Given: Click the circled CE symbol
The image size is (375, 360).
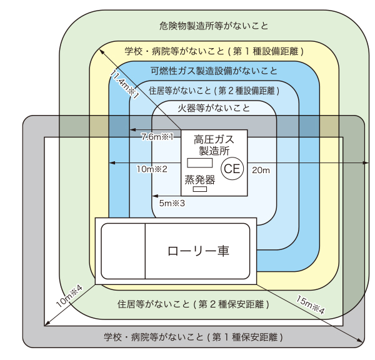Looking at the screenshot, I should (232, 168).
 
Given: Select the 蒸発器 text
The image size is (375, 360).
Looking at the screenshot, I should (200, 179).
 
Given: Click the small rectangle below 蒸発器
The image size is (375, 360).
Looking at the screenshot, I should (200, 189).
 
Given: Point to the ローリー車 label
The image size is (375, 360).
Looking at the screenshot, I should (198, 251).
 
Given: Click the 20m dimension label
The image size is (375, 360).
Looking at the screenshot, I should (261, 170).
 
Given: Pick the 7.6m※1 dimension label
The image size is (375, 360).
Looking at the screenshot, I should (157, 136).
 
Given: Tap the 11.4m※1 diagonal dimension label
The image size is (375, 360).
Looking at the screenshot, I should (124, 84).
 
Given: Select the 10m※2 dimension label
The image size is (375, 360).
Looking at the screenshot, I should (151, 169).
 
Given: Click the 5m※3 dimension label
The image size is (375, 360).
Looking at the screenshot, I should (172, 203).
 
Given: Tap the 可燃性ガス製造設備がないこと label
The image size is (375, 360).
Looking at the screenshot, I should (214, 71).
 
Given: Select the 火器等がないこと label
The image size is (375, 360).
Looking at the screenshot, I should (214, 107).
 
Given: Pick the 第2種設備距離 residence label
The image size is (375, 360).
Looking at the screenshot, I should (214, 90).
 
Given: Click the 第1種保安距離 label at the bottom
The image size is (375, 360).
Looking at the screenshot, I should (193, 337).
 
